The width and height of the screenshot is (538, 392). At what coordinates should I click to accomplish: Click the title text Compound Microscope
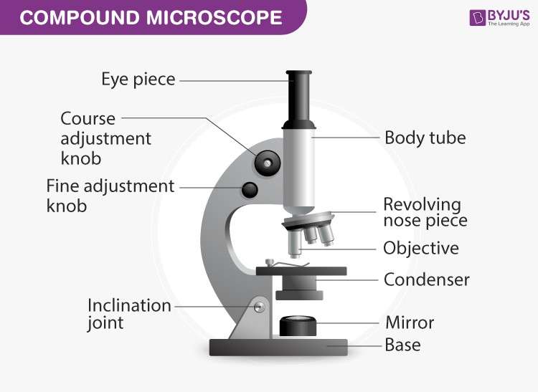pos(150,17)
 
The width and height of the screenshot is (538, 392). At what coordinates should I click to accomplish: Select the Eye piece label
pos(138,79)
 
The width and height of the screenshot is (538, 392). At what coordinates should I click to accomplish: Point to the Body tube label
pos(425,137)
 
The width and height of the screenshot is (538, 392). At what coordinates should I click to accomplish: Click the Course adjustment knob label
pos(105,138)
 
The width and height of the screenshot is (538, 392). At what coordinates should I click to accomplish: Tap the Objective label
pos(420,248)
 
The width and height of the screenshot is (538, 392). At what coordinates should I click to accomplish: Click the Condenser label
pos(426,279)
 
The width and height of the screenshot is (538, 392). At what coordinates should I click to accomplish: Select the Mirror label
pos(410,322)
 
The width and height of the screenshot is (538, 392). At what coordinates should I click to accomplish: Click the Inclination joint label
pos(129,314)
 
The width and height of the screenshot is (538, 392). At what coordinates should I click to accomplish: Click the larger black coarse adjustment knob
pos(267,164)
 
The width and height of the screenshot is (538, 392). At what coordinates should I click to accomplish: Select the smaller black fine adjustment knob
pos(250,190)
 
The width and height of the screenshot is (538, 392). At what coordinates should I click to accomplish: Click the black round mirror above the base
pos(298,326)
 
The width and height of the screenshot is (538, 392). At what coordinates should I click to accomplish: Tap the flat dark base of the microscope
pos(278,348)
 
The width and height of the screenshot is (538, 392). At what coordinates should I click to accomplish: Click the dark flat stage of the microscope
pos(301,271)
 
